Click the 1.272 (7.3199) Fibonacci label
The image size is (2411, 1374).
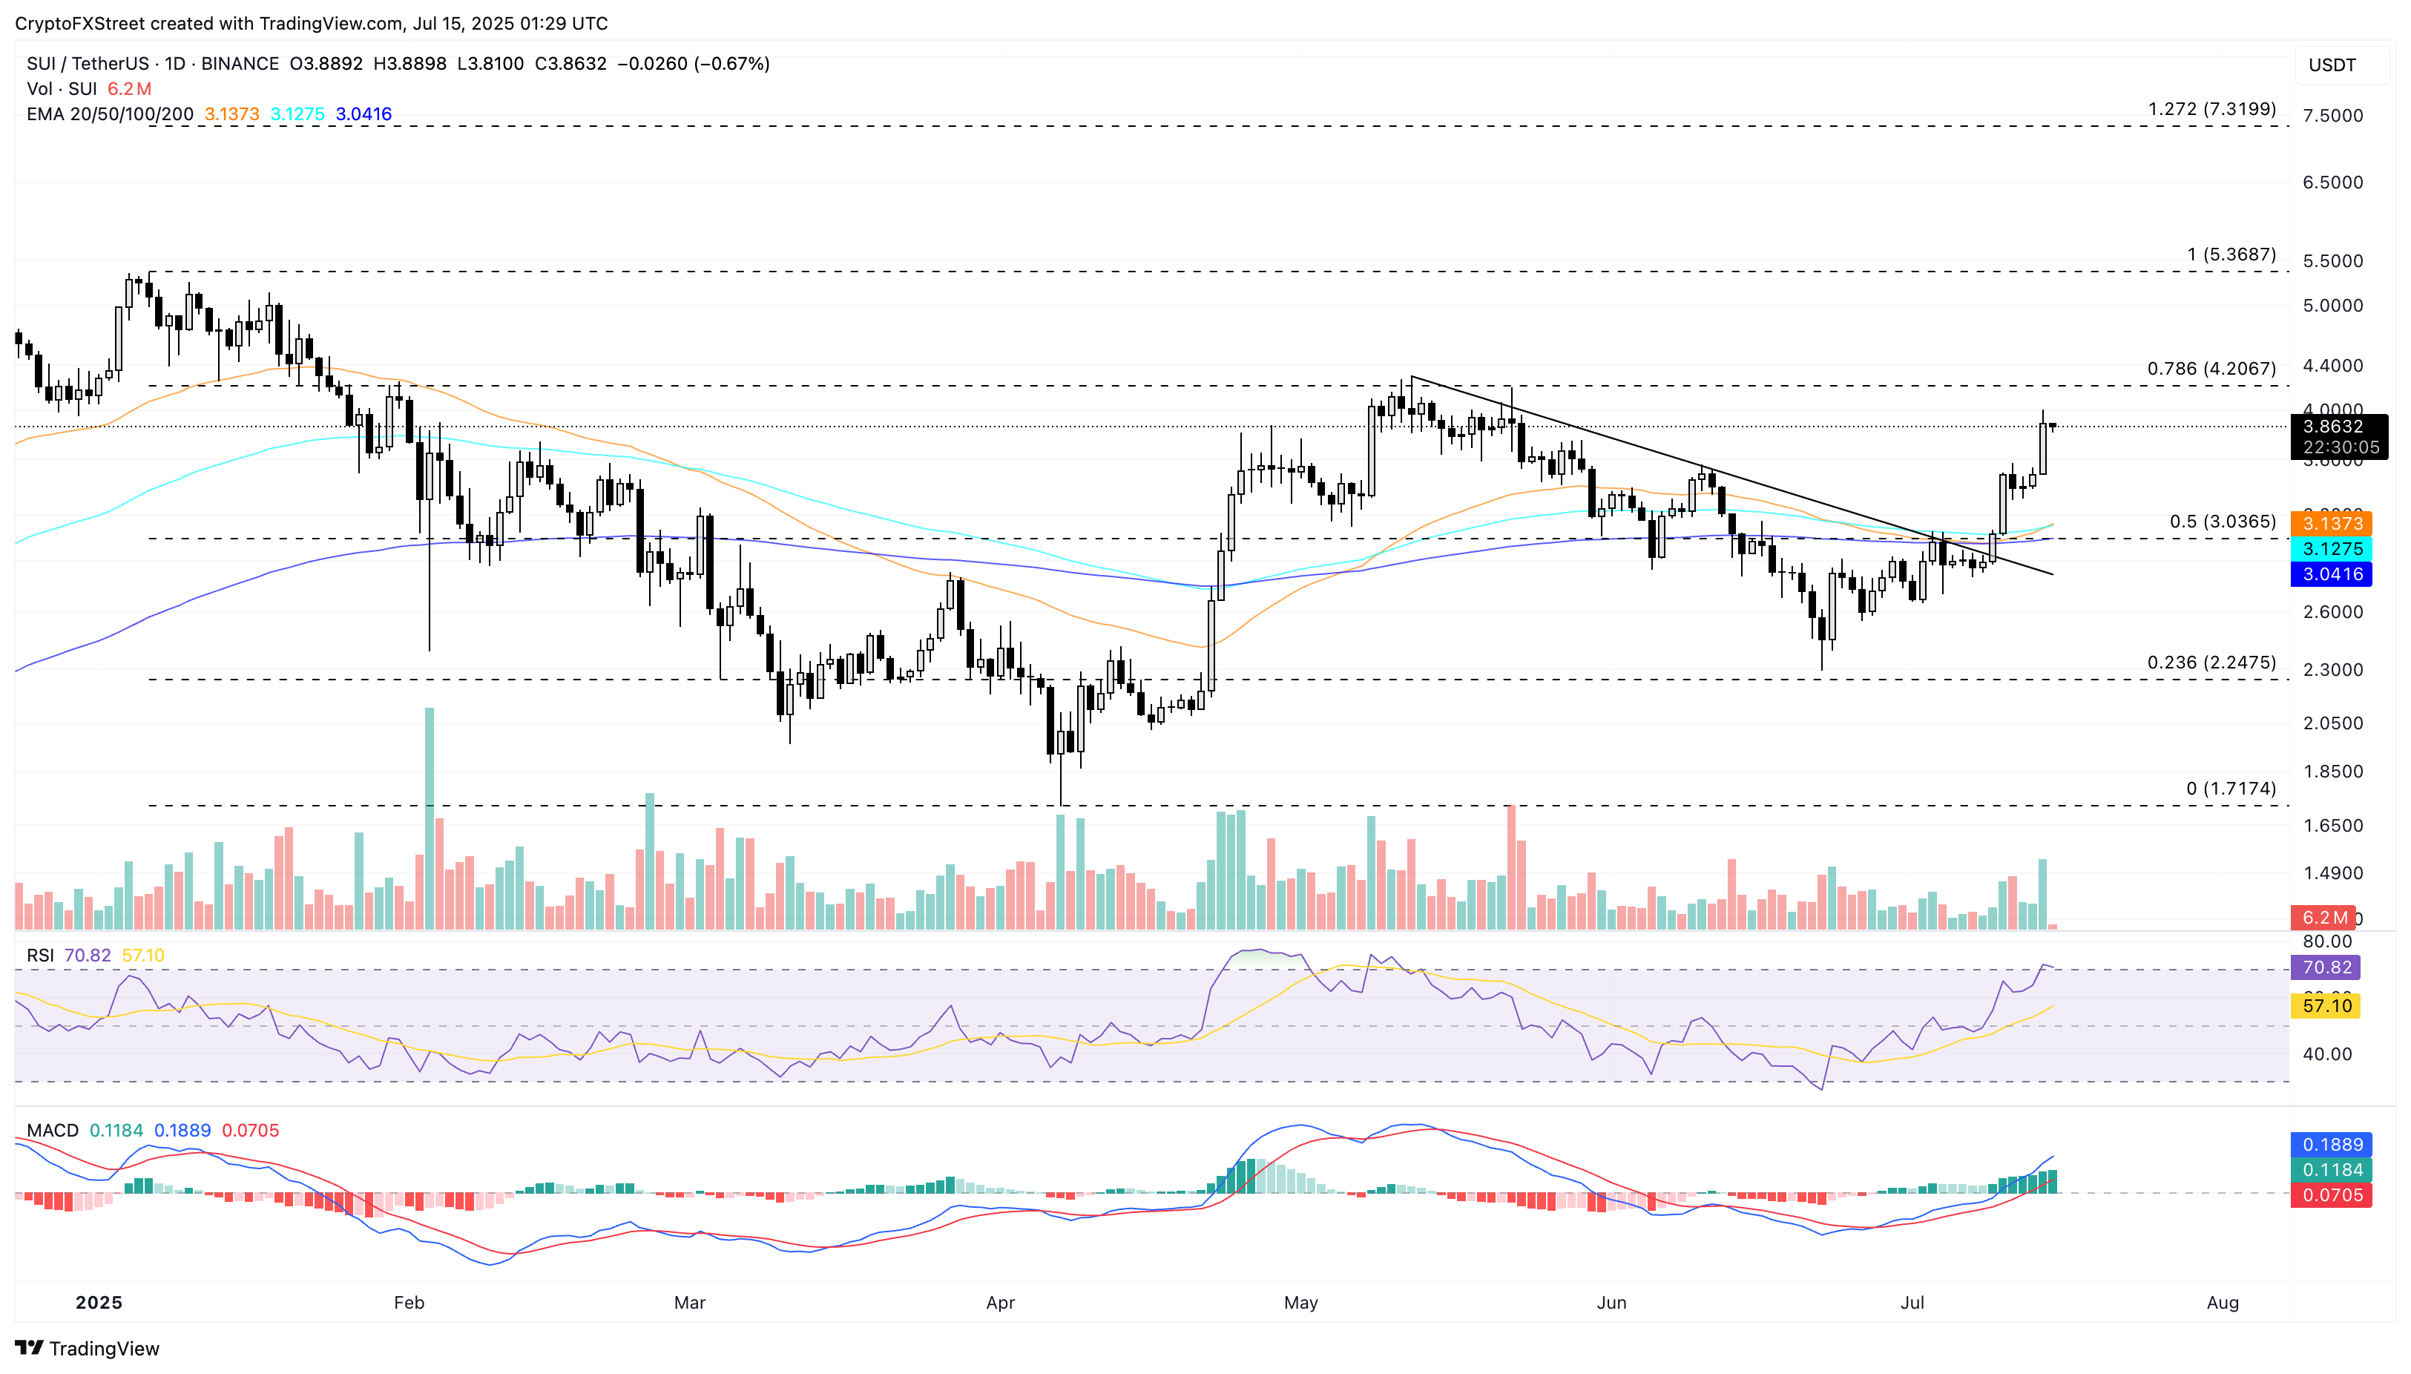(2211, 110)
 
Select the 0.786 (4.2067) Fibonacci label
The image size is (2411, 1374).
(2211, 369)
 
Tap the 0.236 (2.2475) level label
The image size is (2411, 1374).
(2211, 663)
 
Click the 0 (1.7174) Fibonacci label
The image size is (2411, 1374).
(2230, 789)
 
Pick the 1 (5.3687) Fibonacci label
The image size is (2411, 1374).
(2231, 254)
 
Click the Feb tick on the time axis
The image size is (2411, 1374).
(409, 1302)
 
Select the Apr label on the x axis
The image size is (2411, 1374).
(999, 1302)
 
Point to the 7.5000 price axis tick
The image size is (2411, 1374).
(2332, 115)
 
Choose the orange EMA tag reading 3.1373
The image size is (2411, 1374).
(2332, 524)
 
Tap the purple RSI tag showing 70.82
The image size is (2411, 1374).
(2326, 967)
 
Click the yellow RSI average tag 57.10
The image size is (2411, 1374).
(2326, 1006)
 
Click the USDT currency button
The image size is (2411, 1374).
(2332, 65)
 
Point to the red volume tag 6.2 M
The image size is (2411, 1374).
(2324, 917)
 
